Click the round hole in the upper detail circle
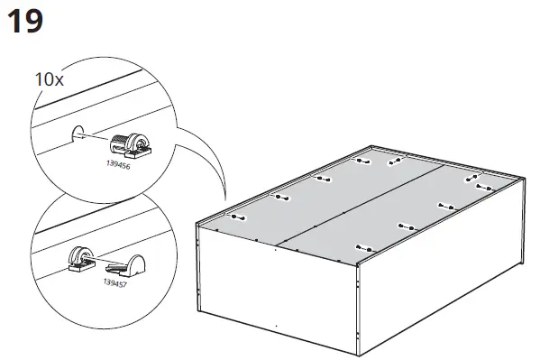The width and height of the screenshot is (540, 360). click(78, 134)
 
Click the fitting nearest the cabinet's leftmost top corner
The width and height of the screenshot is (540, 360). click(238, 217)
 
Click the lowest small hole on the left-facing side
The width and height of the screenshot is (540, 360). click(276, 323)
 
